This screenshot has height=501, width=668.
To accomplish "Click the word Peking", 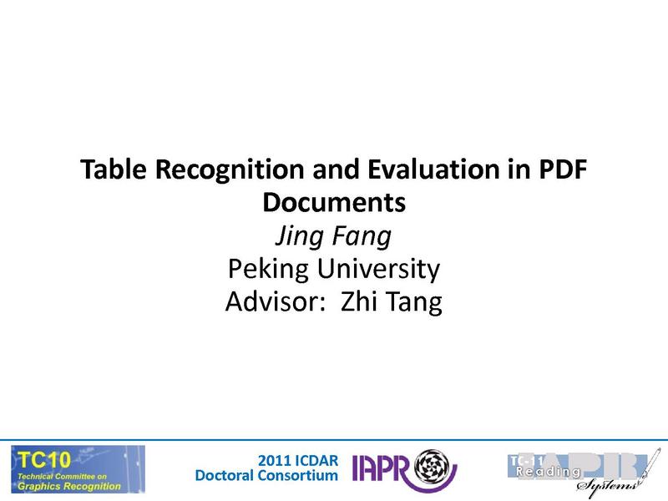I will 266,269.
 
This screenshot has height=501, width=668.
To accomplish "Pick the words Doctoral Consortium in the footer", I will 266,476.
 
